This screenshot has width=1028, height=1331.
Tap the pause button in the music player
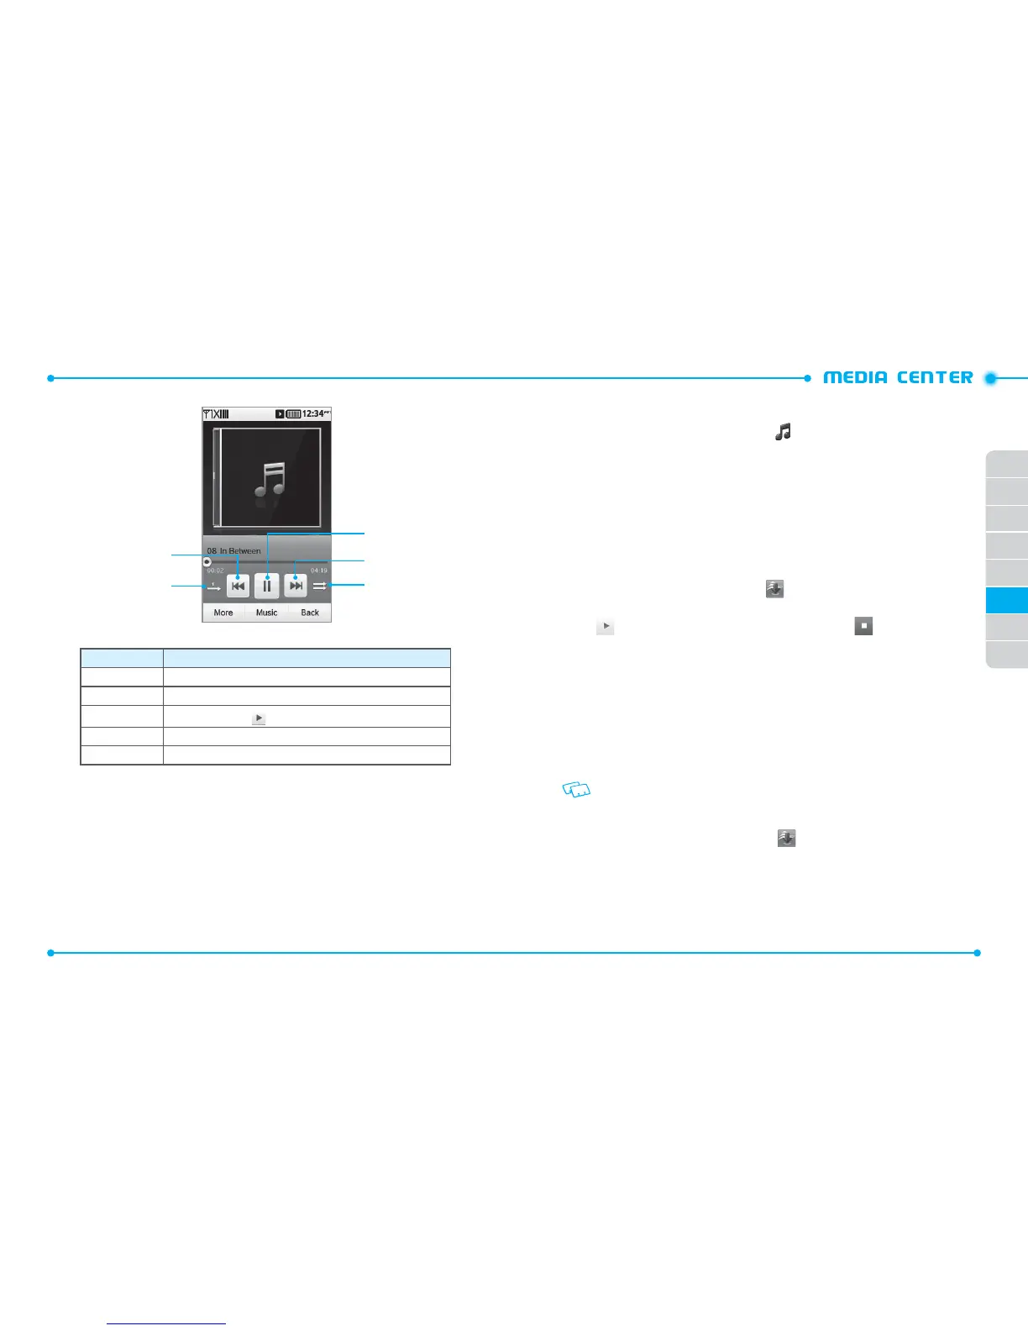coord(267,586)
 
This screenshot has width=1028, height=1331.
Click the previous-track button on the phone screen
coord(239,586)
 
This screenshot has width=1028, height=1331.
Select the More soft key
coord(223,613)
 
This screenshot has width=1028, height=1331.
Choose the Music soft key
coord(267,613)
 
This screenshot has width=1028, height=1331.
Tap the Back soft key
coord(310,613)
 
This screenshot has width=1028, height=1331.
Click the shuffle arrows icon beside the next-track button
coord(319,586)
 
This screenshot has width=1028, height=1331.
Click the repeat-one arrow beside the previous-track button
coord(213,587)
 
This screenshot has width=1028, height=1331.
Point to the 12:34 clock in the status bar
coord(315,413)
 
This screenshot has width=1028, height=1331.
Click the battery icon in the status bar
coord(293,414)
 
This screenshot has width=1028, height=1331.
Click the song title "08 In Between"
coord(233,551)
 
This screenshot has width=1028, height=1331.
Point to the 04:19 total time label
coord(319,571)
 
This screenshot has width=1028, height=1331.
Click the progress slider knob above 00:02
coord(207,561)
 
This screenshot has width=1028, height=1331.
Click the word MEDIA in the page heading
coord(855,377)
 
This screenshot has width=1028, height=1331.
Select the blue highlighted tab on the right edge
coord(1008,600)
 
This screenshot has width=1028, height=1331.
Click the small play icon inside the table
coord(259,718)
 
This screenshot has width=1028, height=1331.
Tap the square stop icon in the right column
coord(863,626)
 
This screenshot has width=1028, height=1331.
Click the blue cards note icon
coord(577,789)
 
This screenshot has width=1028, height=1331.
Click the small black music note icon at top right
coord(783,432)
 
